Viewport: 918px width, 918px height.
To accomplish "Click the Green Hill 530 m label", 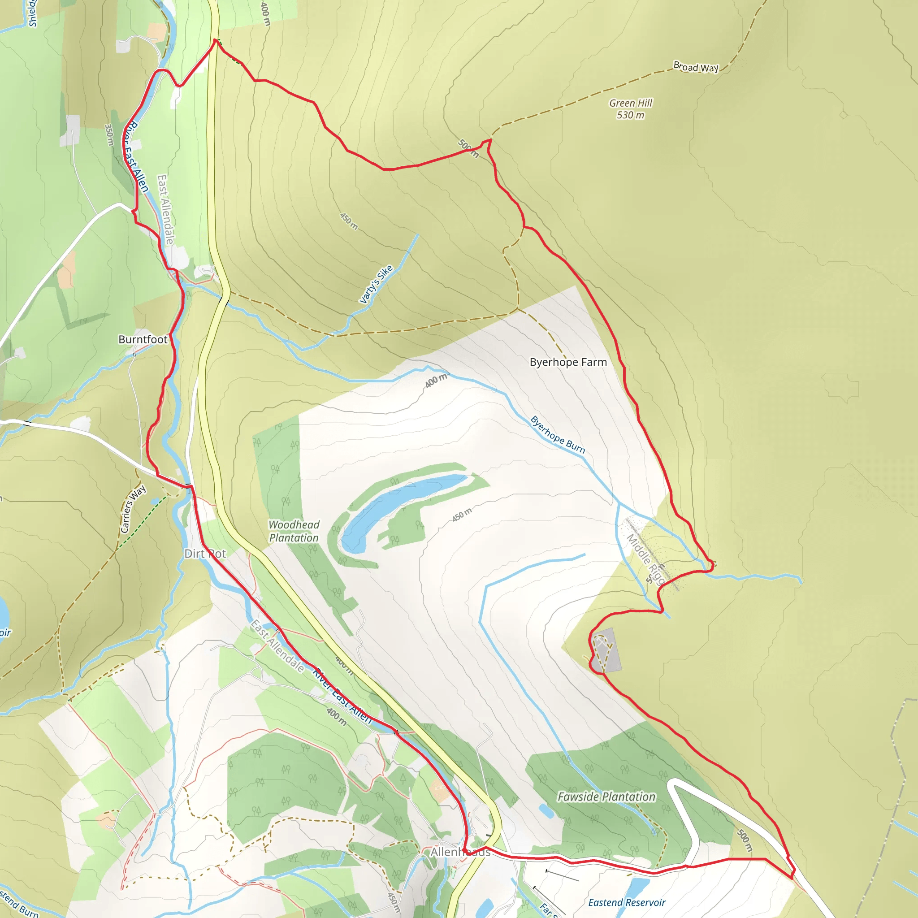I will click(x=631, y=109).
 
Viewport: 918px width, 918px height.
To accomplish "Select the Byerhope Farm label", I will click(x=568, y=362).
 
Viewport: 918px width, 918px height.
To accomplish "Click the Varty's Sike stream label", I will click(x=376, y=284).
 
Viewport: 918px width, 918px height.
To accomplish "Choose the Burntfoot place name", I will click(x=143, y=339).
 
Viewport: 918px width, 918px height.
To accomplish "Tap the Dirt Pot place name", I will click(x=205, y=554).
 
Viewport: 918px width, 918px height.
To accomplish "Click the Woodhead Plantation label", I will click(x=294, y=531).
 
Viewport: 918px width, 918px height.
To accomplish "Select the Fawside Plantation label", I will click(x=606, y=797).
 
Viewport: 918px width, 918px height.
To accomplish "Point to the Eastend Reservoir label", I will click(x=627, y=902).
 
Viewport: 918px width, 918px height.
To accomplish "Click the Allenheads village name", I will click(x=460, y=852).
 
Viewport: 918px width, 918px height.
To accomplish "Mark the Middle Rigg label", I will click(x=645, y=559).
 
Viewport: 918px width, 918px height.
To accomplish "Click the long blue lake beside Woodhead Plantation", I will click(x=404, y=508).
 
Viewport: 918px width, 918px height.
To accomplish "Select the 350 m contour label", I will click(x=109, y=135).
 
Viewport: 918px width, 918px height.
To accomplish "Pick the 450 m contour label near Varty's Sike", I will click(x=349, y=221).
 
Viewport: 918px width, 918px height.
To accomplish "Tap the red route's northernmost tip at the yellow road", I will click(x=215, y=40).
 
